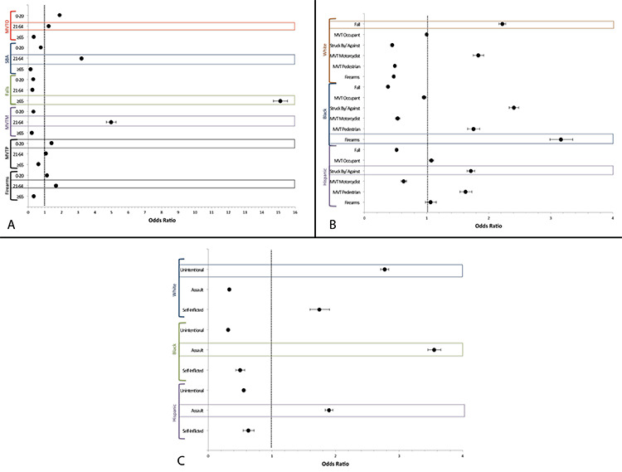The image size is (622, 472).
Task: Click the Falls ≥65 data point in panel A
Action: coord(280,100)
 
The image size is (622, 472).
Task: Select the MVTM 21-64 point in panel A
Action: coord(110,122)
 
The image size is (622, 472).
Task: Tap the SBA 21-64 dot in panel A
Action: coord(81,59)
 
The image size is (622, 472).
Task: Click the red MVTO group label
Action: coord(7,27)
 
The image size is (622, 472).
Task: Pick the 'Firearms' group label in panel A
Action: coord(7,185)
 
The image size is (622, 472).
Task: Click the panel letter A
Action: coord(10,226)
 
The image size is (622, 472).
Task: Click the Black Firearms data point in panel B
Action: coord(561,139)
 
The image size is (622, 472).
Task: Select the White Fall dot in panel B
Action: coord(503,24)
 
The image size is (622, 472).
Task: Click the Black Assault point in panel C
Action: coord(435,350)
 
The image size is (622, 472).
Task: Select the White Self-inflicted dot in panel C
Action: coord(319,309)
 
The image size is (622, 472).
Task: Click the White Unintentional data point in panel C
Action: coord(385,270)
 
